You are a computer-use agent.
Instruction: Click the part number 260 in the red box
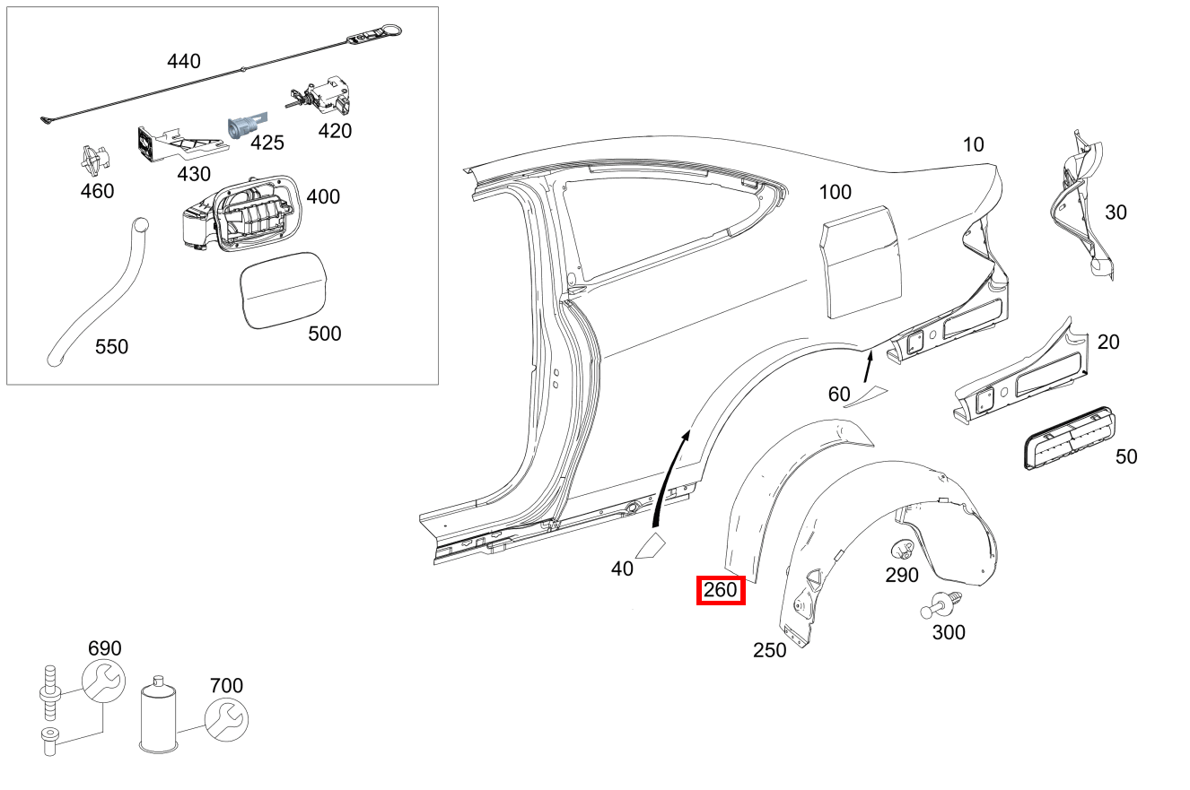pos(721,590)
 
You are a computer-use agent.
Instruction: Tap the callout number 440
pos(184,62)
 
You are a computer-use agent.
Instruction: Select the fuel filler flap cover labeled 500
pos(284,291)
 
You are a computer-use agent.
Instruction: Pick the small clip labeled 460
pos(95,159)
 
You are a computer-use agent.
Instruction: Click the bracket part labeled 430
pos(180,143)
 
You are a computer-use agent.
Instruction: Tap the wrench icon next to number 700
pos(227,720)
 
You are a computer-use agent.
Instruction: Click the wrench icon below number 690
pos(103,681)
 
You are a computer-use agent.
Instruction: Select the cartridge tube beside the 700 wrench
pos(158,715)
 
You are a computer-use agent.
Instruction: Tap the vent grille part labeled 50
pos(1070,438)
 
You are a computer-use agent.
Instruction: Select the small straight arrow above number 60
pos(868,367)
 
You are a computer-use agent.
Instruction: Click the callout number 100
pos(836,192)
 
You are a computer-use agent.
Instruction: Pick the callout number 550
pos(111,347)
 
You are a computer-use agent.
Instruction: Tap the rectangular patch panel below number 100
pos(861,262)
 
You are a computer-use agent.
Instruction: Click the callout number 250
pos(770,650)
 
